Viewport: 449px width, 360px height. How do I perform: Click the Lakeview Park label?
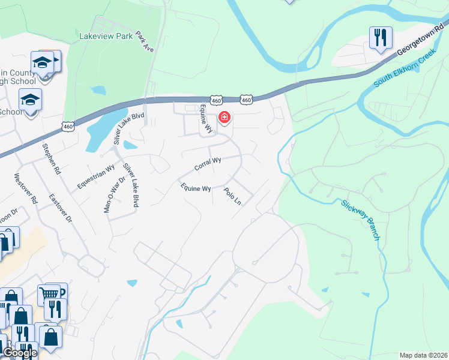point(106,36)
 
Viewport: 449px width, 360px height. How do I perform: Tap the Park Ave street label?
point(145,41)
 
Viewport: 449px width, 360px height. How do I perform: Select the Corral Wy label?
point(208,163)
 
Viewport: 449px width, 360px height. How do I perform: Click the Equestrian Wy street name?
point(96,178)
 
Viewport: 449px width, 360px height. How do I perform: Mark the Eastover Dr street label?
point(60,209)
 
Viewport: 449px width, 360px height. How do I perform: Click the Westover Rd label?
point(26,189)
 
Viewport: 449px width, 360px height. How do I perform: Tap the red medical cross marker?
point(224,117)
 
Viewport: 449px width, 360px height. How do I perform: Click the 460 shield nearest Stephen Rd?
point(67,125)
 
